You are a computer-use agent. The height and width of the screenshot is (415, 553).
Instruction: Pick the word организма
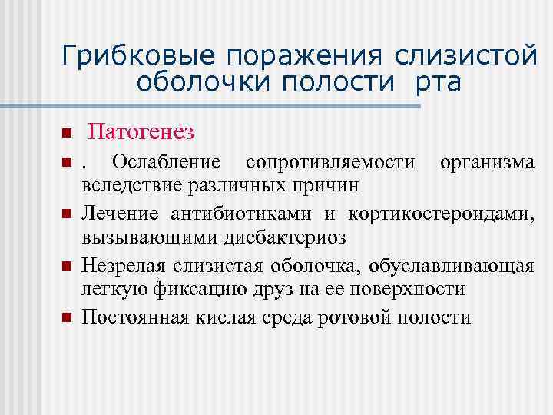485,164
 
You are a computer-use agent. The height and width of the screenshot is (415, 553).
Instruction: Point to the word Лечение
121,213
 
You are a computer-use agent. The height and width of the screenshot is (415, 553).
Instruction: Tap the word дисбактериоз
285,237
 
